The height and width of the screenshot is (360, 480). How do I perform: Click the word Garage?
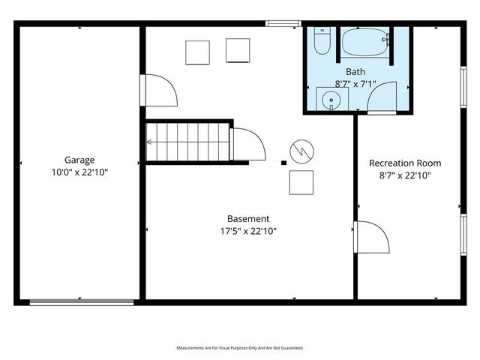(x=79, y=160)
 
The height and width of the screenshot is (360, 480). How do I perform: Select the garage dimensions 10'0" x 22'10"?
(x=79, y=172)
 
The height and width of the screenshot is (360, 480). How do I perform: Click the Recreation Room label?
(x=405, y=163)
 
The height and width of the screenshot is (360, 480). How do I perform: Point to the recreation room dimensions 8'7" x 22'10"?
(x=405, y=175)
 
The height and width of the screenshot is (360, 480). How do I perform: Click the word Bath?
(x=355, y=72)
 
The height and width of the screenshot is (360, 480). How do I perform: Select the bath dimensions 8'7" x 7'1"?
(x=355, y=84)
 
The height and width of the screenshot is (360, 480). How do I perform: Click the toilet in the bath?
(x=322, y=42)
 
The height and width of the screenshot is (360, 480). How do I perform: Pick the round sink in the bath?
(x=328, y=100)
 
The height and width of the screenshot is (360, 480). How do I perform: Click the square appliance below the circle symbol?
(x=301, y=182)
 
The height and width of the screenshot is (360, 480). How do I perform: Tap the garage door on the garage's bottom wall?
(x=82, y=302)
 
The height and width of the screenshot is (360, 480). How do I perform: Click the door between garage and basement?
(x=160, y=90)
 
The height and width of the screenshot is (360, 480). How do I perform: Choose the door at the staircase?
(x=247, y=144)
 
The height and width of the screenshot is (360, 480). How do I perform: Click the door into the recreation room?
(x=372, y=238)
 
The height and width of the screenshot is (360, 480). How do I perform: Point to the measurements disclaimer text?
(x=240, y=348)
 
